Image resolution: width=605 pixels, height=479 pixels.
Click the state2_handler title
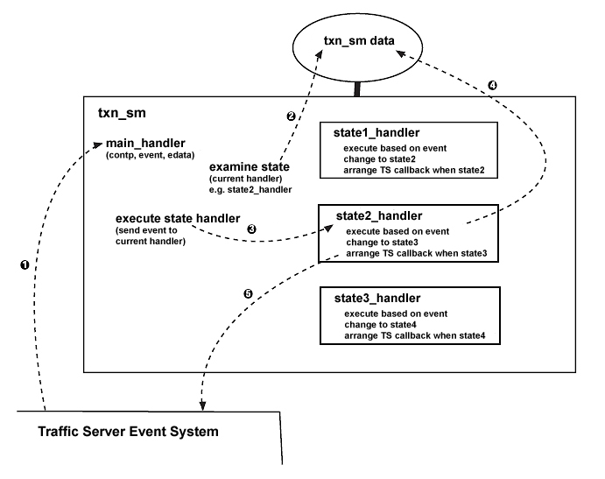coord(379,215)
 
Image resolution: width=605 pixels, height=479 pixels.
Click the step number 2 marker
coord(292,116)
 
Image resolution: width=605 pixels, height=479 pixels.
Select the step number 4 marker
coord(492,86)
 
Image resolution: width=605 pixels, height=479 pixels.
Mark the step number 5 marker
coord(248,294)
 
